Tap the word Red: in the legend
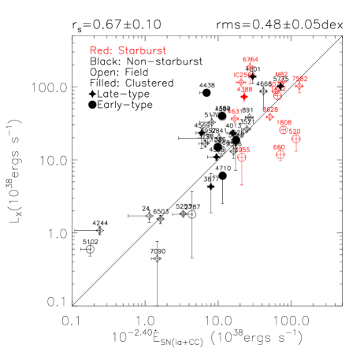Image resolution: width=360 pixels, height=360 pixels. [102, 50]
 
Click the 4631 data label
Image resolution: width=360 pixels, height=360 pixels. [235, 112]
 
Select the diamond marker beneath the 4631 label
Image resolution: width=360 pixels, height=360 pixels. [234, 119]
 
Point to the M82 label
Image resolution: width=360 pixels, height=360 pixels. [281, 75]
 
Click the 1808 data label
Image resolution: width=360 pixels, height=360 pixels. [284, 123]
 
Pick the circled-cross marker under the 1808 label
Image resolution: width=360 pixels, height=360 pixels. [284, 130]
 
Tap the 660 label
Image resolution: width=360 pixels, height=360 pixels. [279, 147]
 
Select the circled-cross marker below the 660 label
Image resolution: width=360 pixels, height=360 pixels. [280, 155]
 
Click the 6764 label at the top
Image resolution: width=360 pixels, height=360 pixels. [251, 60]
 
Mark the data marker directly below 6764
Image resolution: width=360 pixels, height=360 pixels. [251, 67]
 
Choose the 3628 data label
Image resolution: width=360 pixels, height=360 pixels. [269, 109]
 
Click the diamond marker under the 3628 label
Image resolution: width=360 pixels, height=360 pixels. [269, 117]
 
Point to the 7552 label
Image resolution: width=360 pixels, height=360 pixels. [299, 79]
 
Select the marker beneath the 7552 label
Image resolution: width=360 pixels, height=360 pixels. [299, 86]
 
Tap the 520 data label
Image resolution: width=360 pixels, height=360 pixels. [295, 131]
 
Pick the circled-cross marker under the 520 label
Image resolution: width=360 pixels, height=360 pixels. [295, 139]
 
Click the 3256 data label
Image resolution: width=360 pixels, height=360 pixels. [243, 150]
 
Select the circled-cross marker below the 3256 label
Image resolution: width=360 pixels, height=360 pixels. [242, 158]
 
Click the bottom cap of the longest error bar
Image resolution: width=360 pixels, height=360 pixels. [242, 185]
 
